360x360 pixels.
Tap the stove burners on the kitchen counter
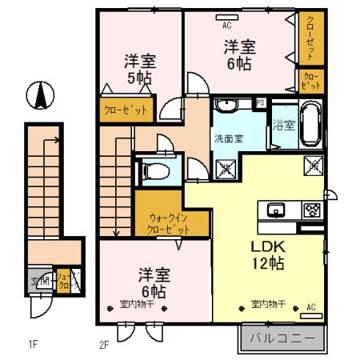point(311,211)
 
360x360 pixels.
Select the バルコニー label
point(282,336)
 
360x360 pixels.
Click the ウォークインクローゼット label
point(168,222)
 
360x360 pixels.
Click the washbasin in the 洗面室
point(226,106)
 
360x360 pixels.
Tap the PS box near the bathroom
point(261,103)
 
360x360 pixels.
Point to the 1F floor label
point(33,346)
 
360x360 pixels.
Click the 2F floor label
point(103,346)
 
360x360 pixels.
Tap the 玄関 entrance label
point(40,280)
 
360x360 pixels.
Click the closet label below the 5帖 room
point(125,109)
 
